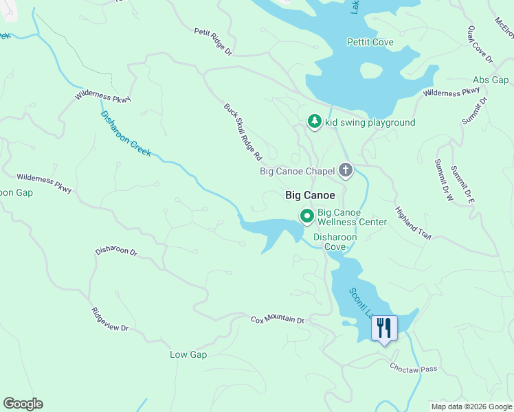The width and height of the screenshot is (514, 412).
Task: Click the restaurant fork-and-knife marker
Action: point(384,328)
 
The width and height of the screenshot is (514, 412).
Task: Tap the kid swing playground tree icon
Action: point(314,122)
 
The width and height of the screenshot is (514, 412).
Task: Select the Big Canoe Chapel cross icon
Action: point(345,170)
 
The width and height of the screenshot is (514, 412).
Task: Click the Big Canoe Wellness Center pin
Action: point(306,216)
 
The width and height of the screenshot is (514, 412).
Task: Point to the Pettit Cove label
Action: point(370,43)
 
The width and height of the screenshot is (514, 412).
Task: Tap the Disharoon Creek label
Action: point(126,133)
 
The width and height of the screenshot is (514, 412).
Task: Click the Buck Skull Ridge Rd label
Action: point(243,133)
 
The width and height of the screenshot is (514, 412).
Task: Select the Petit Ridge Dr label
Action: point(214,41)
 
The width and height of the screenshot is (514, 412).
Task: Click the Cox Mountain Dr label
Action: point(277,320)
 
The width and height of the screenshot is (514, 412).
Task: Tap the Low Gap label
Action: point(188,354)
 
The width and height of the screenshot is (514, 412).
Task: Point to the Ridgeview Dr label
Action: point(110,320)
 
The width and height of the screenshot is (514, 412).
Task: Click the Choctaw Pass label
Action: point(414,369)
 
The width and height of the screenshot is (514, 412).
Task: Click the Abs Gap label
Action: point(491,80)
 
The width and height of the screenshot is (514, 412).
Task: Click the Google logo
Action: point(23,404)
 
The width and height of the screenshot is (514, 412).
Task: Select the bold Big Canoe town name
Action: point(310,196)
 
